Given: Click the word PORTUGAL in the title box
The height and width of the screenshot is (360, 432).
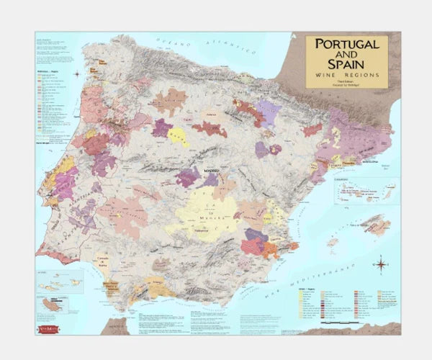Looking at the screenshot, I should [x=347, y=45].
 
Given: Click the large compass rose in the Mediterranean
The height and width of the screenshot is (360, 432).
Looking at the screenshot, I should [x=379, y=264].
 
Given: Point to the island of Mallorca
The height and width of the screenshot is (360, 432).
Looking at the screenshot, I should [x=374, y=225].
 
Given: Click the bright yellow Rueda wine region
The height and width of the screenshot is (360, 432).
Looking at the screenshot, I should [x=178, y=136].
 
